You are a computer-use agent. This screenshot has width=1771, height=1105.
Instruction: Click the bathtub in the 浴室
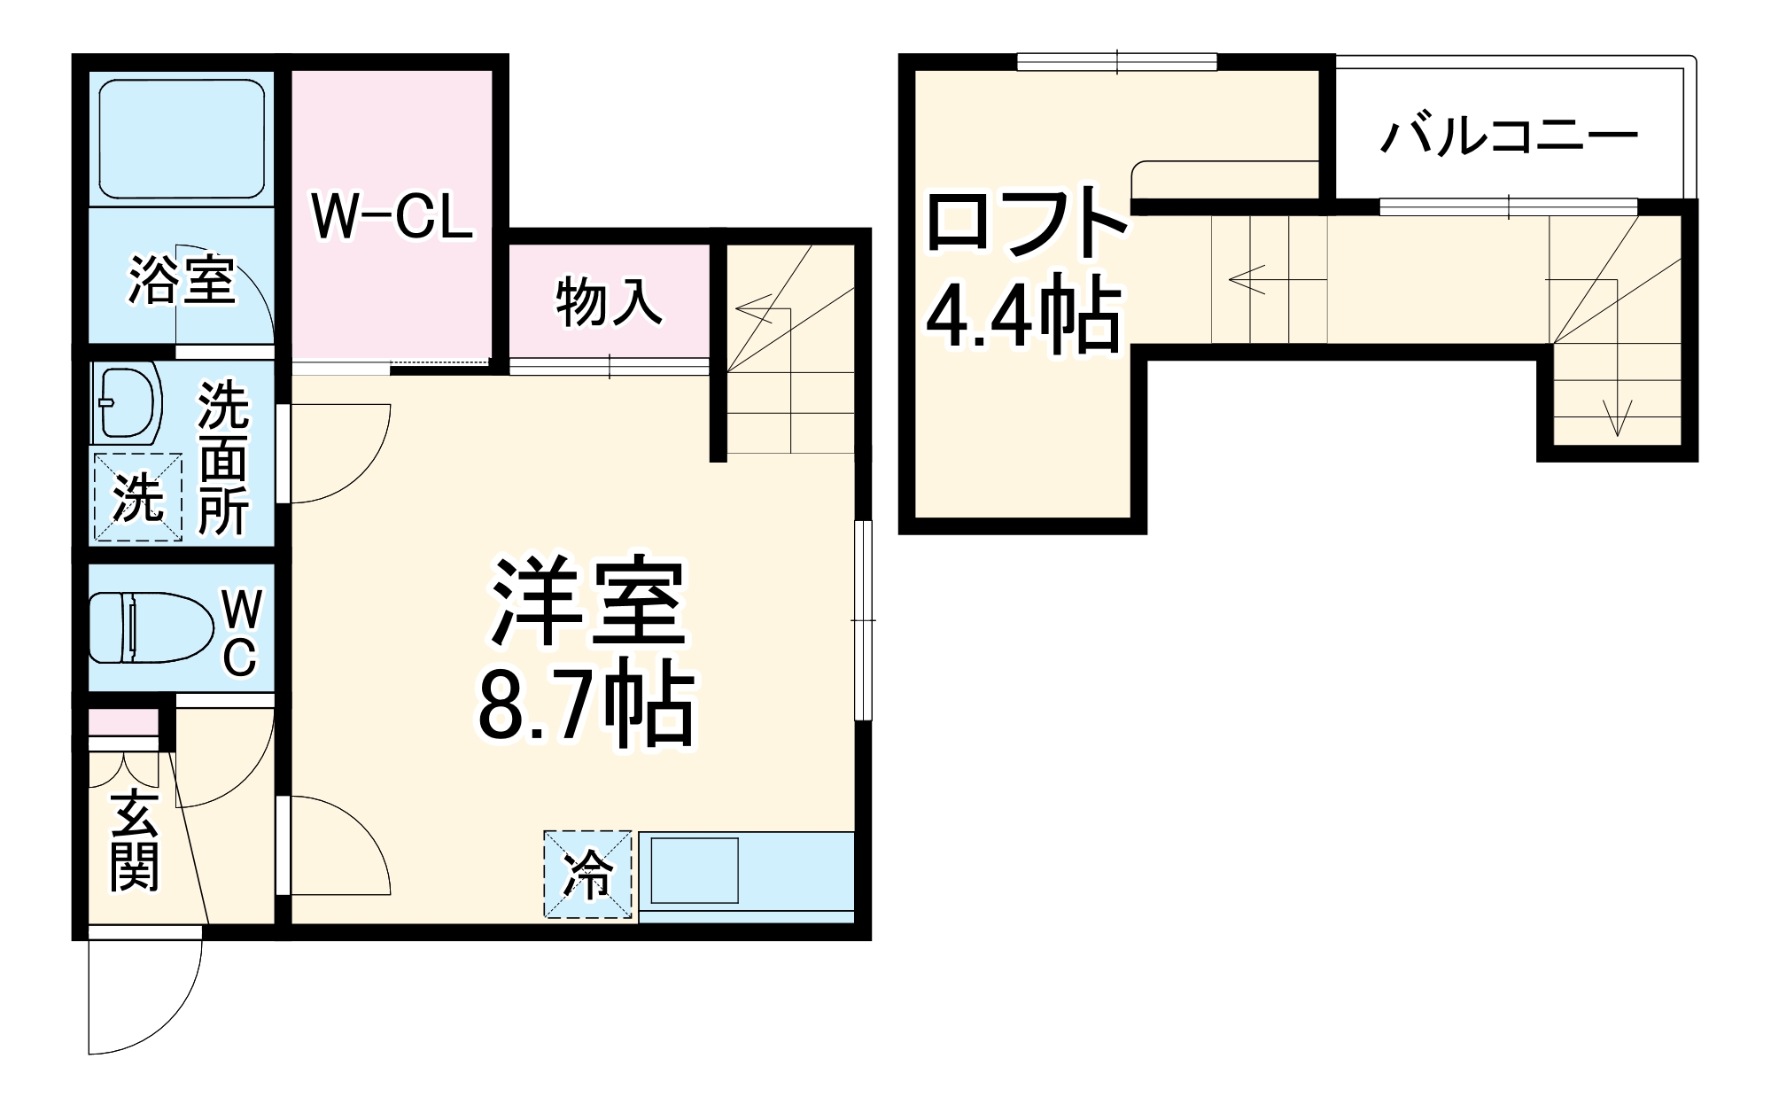pyautogui.click(x=182, y=140)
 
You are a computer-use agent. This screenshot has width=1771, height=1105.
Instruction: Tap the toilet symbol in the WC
pyautogui.click(x=151, y=627)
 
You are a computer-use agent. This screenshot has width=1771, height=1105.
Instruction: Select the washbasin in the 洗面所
pyautogui.click(x=127, y=403)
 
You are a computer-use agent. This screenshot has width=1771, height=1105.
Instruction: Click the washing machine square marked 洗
pyautogui.click(x=138, y=497)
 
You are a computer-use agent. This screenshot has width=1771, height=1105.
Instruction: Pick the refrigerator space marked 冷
pyautogui.click(x=587, y=874)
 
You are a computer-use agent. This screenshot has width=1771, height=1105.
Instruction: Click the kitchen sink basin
pyautogui.click(x=695, y=871)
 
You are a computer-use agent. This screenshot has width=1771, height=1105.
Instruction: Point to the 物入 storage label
pyautogui.click(x=609, y=302)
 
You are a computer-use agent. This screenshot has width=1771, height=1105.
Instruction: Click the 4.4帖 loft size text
pyautogui.click(x=1023, y=315)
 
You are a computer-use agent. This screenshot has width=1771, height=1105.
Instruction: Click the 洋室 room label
pyautogui.click(x=588, y=603)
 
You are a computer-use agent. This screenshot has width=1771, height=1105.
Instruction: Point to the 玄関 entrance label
pyautogui.click(x=135, y=842)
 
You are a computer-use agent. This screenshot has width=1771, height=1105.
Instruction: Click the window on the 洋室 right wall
pyautogui.click(x=863, y=620)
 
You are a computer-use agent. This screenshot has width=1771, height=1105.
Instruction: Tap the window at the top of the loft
pyautogui.click(x=1116, y=62)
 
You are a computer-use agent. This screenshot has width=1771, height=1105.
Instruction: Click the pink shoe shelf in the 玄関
pyautogui.click(x=123, y=721)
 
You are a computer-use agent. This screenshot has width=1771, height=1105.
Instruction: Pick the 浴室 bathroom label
pyautogui.click(x=182, y=280)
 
